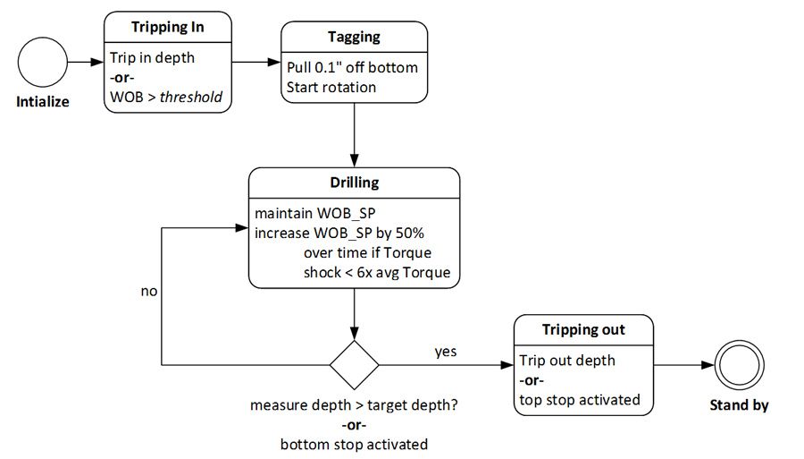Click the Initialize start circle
(x=42, y=63)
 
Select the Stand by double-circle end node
(x=739, y=365)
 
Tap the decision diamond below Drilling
(x=355, y=365)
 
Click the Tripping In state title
(x=167, y=27)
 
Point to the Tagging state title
(x=355, y=38)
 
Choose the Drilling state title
(x=355, y=183)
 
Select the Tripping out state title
(x=583, y=329)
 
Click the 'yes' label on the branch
(x=445, y=352)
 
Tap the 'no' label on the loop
(x=149, y=291)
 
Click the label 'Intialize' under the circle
(x=42, y=102)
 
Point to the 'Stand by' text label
(x=739, y=405)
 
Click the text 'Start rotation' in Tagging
(x=331, y=87)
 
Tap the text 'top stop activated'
(x=580, y=399)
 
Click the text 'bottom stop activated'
(x=354, y=444)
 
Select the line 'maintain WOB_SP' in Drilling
(x=308, y=214)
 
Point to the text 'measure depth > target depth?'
(x=354, y=405)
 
